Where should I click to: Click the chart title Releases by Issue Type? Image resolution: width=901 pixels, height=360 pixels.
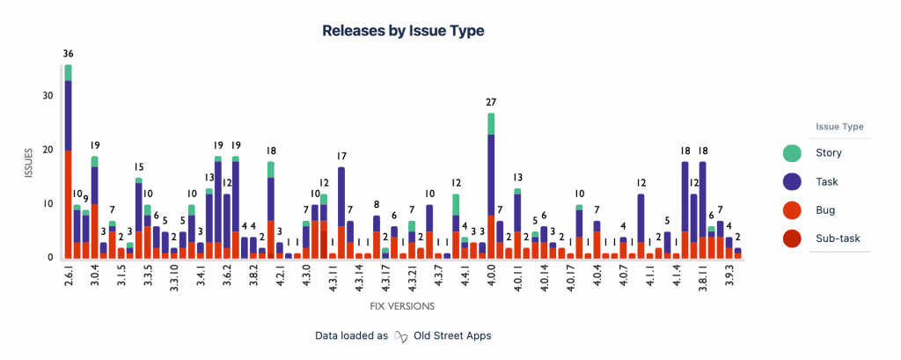pos(403,31)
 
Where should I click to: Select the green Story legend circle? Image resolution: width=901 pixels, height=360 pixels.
pos(792,153)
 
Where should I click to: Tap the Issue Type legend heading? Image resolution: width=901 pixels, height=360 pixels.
pos(839,126)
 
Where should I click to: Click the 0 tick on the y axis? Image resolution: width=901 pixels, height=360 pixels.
pos(50,258)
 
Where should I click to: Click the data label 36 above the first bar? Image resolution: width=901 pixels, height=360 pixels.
pos(68,54)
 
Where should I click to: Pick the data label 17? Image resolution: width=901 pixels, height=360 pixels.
pos(341,156)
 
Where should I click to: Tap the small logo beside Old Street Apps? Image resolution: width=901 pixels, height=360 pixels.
pos(401,335)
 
